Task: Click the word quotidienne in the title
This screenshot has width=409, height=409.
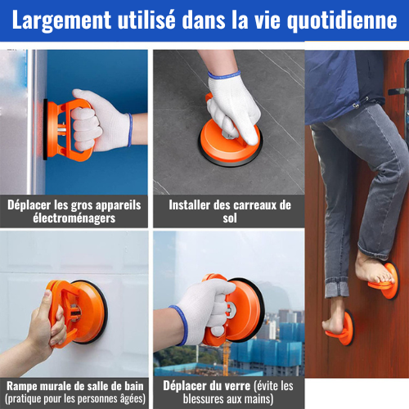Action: (342, 20)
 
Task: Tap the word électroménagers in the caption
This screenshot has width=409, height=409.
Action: (74, 218)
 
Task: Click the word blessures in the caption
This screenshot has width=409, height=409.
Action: (204, 399)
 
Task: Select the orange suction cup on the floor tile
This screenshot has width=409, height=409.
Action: (231, 143)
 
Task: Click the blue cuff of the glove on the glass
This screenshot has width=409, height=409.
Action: (181, 325)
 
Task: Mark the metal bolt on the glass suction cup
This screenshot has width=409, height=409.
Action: (231, 310)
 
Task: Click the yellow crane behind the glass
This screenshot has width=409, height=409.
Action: (226, 357)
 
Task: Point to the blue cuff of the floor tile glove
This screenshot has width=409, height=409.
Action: (224, 74)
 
